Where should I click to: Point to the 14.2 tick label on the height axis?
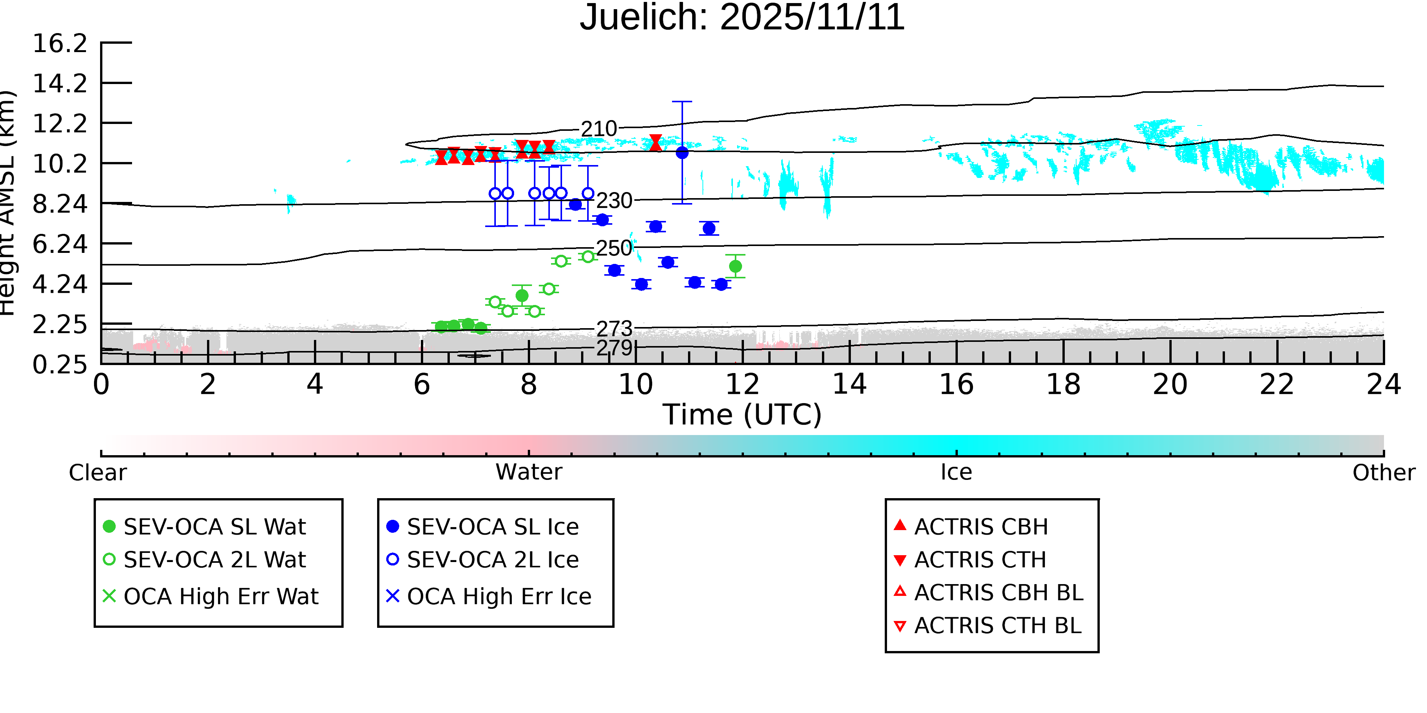tap(60, 84)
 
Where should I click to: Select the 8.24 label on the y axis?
tap(60, 204)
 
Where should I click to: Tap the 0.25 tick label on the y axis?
tap(60, 365)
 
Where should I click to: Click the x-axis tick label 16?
tap(956, 385)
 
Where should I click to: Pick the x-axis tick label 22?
tap(1277, 385)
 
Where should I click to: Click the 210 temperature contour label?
tap(599, 129)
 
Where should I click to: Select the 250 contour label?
tap(614, 249)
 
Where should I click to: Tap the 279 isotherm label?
tap(614, 348)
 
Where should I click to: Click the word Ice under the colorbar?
tap(956, 472)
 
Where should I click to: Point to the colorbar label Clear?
tap(97, 473)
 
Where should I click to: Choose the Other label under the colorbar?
tap(1383, 473)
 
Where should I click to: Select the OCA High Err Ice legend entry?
tap(489, 596)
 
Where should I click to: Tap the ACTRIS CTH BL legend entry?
tap(988, 626)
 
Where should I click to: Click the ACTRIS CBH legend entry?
tap(971, 526)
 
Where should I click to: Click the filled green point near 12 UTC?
tap(735, 266)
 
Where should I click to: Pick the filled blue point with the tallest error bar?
tap(682, 153)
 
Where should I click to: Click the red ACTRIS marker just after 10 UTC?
tap(655, 143)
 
